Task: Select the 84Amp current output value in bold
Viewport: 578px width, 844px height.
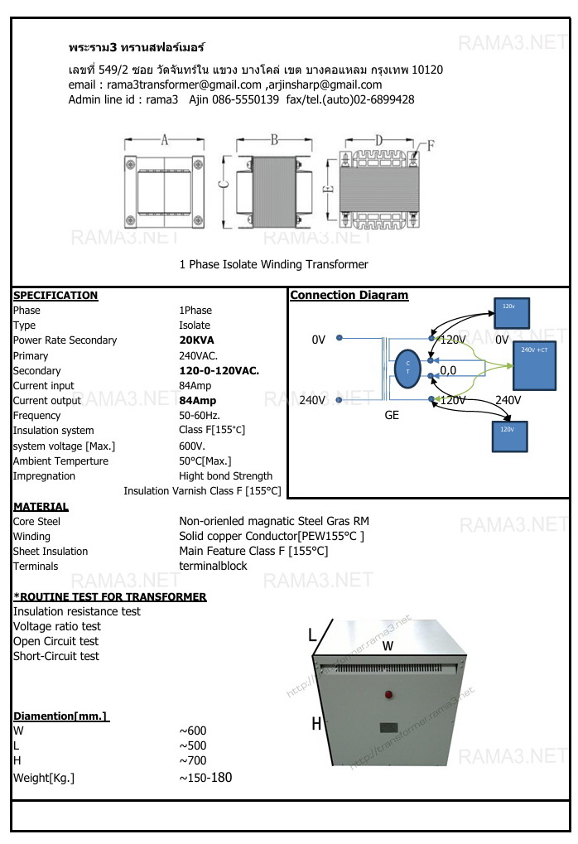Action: pyautogui.click(x=198, y=401)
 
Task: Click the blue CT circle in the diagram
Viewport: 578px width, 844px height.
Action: pyautogui.click(x=407, y=369)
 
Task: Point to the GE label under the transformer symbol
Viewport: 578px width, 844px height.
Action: pyautogui.click(x=392, y=415)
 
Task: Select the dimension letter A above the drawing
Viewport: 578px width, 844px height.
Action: pyautogui.click(x=164, y=141)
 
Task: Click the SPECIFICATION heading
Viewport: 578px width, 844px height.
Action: pyautogui.click(x=55, y=296)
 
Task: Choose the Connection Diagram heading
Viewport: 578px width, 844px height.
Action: pyautogui.click(x=349, y=296)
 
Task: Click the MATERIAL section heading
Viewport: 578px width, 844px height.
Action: pyautogui.click(x=41, y=507)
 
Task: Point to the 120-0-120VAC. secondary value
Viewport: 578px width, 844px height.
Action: pyautogui.click(x=219, y=371)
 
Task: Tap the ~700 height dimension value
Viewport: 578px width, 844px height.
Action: pyautogui.click(x=193, y=760)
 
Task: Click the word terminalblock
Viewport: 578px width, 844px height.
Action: pyautogui.click(x=213, y=567)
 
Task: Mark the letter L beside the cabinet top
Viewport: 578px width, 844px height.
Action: pyautogui.click(x=312, y=636)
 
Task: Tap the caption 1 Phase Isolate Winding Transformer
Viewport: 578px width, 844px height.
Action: pyautogui.click(x=273, y=265)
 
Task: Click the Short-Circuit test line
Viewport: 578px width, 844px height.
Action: pyautogui.click(x=55, y=657)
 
